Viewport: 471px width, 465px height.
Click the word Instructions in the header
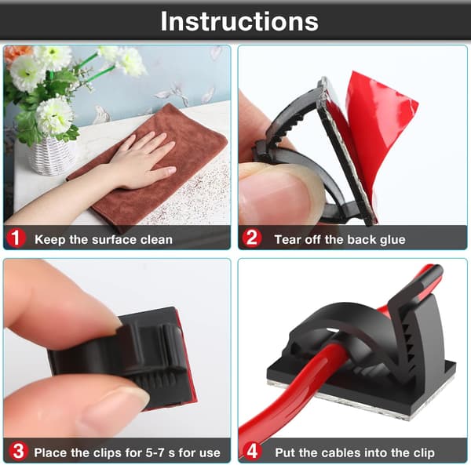click(x=239, y=21)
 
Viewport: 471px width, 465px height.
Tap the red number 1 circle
click(x=16, y=238)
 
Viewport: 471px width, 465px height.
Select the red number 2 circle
click(x=252, y=238)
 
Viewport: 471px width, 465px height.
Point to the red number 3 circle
click(x=18, y=452)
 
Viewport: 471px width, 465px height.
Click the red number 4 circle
click(x=252, y=451)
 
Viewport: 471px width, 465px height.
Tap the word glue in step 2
click(x=392, y=240)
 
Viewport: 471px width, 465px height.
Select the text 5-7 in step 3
click(x=155, y=452)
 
